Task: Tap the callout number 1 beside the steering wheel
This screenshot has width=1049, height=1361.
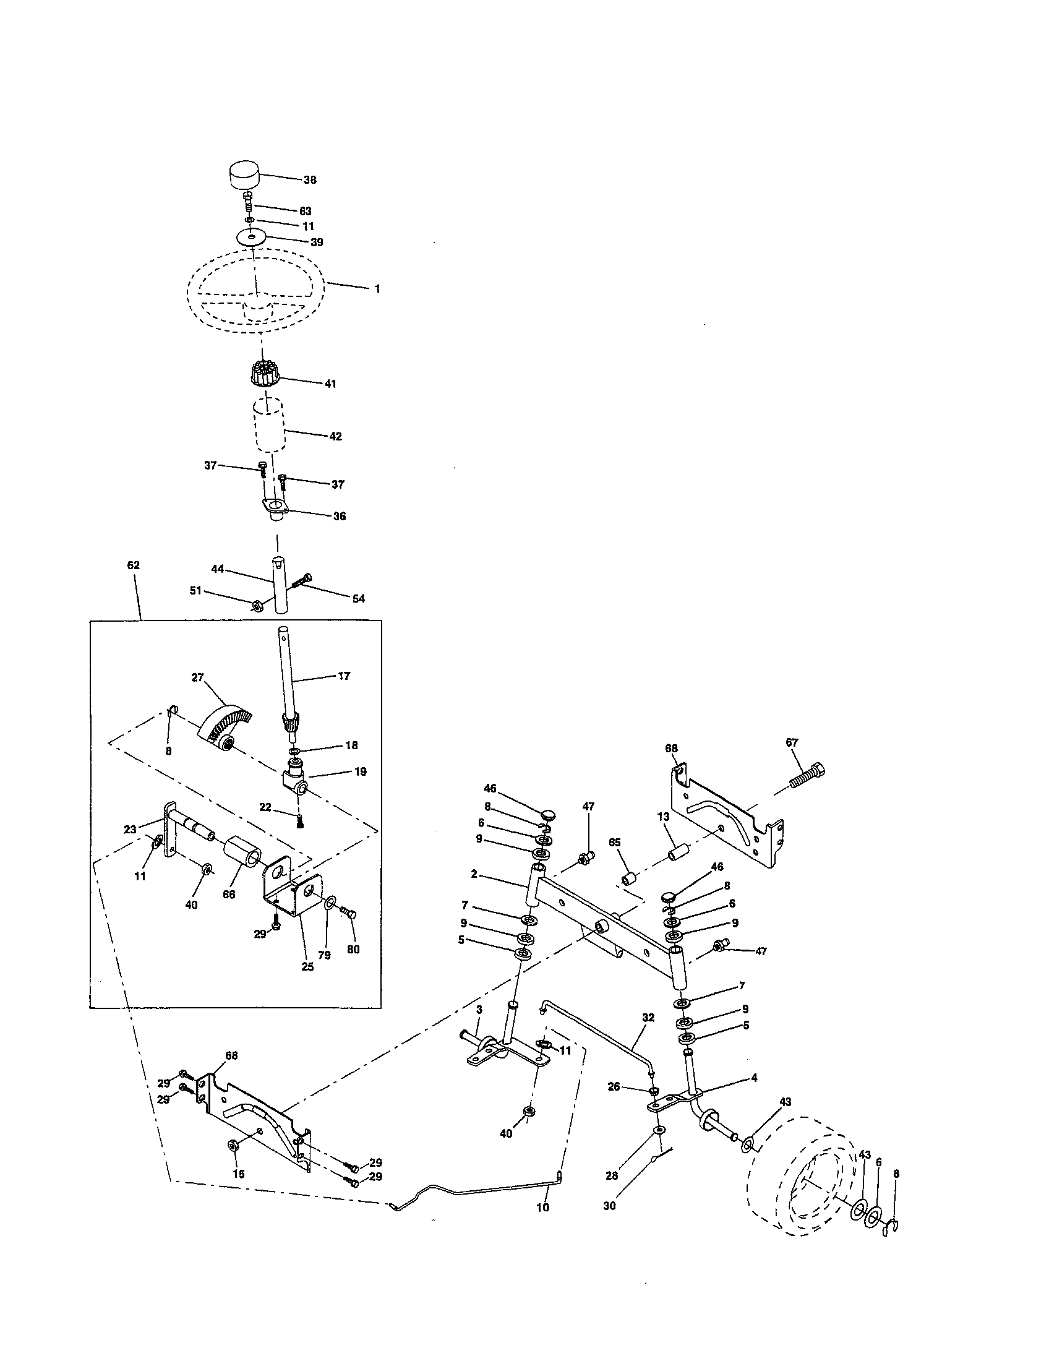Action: [x=377, y=289]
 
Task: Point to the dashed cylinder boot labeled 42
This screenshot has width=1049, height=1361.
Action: [x=268, y=426]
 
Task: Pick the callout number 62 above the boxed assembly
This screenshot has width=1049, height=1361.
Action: [x=134, y=565]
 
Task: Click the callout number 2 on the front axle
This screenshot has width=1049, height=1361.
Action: [x=474, y=874]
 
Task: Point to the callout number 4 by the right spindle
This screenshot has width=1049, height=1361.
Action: [x=755, y=1078]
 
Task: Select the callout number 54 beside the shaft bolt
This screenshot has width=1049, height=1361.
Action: [x=358, y=599]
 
